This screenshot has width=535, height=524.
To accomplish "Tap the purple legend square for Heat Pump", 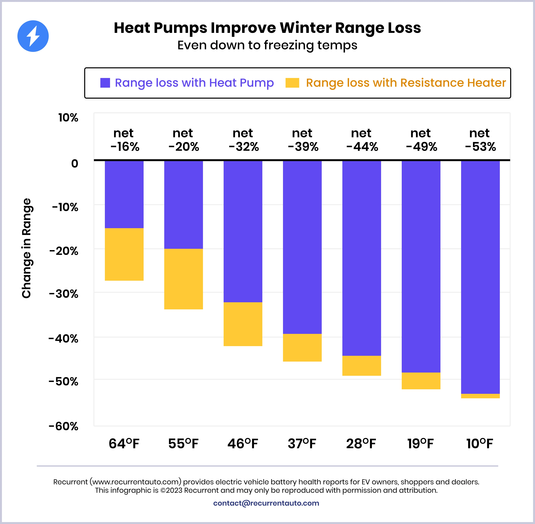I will pos(105,83).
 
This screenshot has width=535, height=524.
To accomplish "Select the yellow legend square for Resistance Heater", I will pos(292,83).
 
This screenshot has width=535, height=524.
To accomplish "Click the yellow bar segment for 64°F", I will pos(124,254).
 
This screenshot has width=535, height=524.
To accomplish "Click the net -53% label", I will pos(480,140).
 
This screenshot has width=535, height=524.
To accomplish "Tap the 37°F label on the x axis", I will pos(302,444).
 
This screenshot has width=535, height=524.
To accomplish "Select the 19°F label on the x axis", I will pos(420,444).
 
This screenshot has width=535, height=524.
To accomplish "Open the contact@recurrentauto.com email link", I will pos(266,503).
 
